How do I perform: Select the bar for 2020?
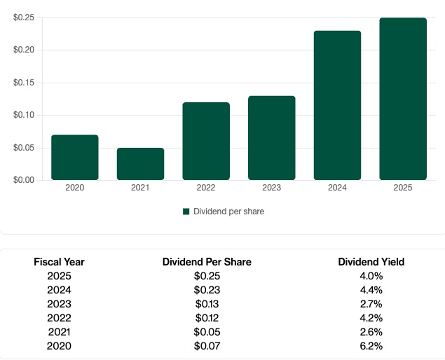point(75,158)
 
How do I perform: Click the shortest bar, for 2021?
point(140,164)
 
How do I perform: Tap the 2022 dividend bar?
point(206,141)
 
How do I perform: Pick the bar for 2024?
point(337,106)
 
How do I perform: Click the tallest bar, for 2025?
point(403,99)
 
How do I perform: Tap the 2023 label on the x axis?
point(271,188)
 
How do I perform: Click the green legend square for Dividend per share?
point(186,212)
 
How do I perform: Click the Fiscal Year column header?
point(59,262)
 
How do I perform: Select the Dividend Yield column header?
point(371,262)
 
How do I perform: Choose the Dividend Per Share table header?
point(207,262)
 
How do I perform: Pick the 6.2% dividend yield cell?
point(371,346)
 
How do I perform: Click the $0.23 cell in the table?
point(207,290)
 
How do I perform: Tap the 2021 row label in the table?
point(59,332)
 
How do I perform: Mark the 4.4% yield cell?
point(371,290)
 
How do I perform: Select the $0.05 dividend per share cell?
point(207,332)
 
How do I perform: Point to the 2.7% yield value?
point(371,304)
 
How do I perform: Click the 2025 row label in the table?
point(59,276)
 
